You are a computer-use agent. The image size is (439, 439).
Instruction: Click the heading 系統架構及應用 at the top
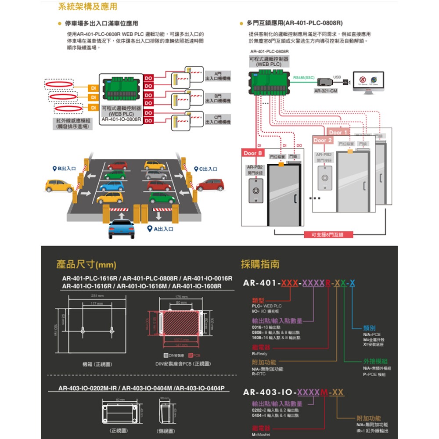coord(87,7)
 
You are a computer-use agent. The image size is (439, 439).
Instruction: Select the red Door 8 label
coord(254,153)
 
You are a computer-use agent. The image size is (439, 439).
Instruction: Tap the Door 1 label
coord(338,132)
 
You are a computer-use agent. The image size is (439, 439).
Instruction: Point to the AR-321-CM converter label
coord(326,91)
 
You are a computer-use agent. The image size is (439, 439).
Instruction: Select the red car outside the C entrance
coord(211,184)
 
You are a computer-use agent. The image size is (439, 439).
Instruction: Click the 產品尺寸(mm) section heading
coord(86,265)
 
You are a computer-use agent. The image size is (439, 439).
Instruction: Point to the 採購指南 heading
coord(260,264)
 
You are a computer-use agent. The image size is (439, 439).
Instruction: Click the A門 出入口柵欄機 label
coord(217,75)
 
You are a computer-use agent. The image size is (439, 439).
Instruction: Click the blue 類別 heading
coord(369,328)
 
